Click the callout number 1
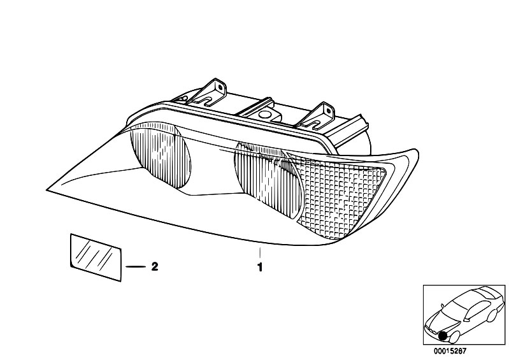click(x=259, y=267)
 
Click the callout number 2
click(x=155, y=266)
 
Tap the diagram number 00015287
click(x=450, y=351)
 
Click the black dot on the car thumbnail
click(x=442, y=336)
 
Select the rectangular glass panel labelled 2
click(x=96, y=257)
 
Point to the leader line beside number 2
click(x=136, y=267)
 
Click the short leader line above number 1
click(x=260, y=252)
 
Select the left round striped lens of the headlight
click(x=161, y=157)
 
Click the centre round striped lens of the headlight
click(x=268, y=178)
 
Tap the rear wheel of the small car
click(x=492, y=316)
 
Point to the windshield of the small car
click(x=454, y=308)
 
